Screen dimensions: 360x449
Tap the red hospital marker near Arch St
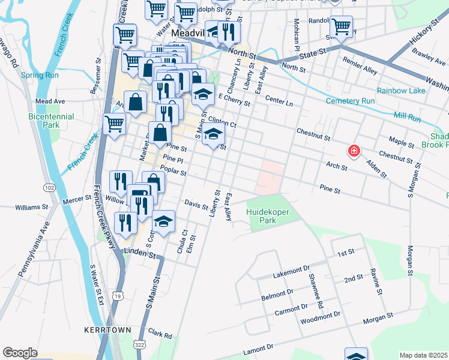(x=355, y=150)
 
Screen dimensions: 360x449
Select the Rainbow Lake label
(x=401, y=91)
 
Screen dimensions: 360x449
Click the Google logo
(x=20, y=353)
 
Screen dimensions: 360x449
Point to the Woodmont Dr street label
(x=321, y=315)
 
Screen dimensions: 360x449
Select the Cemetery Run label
(x=350, y=101)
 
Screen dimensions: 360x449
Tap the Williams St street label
(x=32, y=207)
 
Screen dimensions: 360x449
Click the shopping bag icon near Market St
(x=136, y=103)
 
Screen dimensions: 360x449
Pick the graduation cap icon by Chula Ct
(x=163, y=221)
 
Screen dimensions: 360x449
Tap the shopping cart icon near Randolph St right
(x=341, y=26)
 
